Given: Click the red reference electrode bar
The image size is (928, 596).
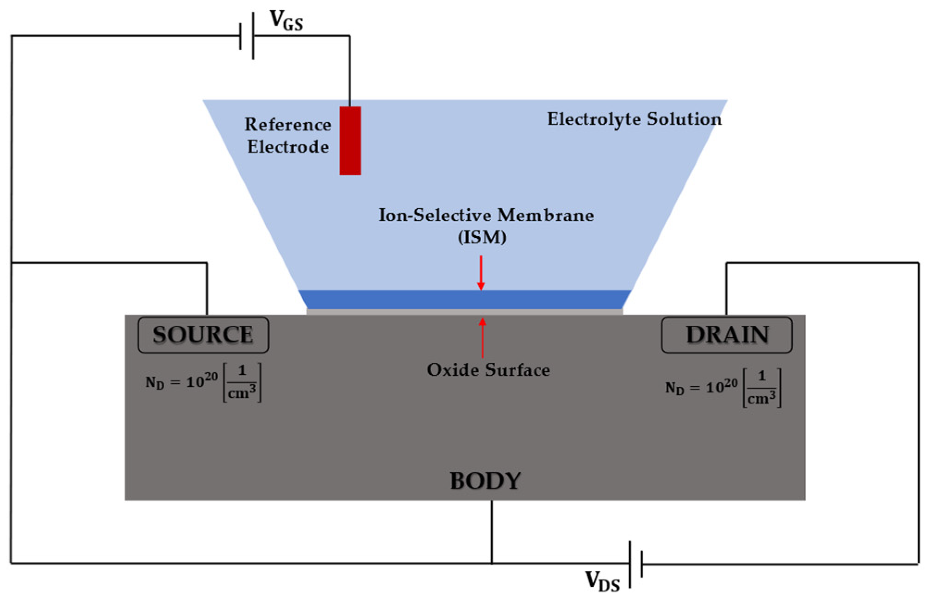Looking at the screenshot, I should click(350, 140).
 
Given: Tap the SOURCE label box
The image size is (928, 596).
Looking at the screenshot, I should click(203, 335).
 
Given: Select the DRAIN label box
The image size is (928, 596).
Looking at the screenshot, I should click(727, 335).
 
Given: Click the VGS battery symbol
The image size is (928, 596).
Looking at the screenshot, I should click(247, 36).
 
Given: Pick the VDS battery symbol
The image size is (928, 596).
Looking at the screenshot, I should click(635, 564).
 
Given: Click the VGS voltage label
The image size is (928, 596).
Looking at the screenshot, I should click(286, 21).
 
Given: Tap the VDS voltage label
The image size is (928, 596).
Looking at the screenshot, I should click(602, 581).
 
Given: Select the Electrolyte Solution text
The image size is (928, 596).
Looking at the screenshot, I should click(634, 119).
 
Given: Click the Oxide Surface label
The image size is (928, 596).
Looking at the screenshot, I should click(488, 370).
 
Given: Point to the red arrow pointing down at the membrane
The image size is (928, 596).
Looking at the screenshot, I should click(481, 273).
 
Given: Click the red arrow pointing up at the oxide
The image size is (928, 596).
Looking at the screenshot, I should click(482, 338).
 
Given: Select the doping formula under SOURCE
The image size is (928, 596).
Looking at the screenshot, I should click(204, 383).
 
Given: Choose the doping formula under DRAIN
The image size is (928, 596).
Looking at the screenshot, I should click(723, 388).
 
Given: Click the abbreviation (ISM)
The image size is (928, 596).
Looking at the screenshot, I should click(482, 237).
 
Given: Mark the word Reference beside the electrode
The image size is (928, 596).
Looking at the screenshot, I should click(287, 124).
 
